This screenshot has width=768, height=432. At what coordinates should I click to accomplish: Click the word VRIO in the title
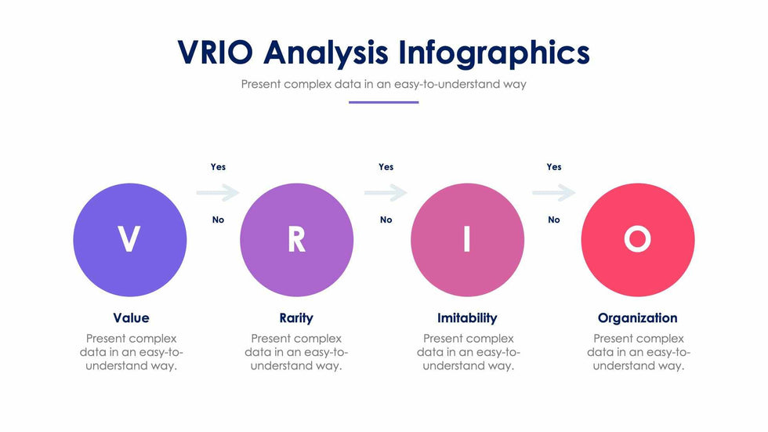[215, 52]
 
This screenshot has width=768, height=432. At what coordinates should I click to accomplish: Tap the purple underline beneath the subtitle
[383, 103]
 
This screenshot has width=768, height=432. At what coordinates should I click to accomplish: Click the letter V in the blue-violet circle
[129, 239]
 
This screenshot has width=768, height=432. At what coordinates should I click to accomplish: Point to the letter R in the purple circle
[296, 239]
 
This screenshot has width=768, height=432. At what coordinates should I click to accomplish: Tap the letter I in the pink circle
[467, 239]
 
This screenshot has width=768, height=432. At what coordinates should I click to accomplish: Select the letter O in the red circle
[637, 239]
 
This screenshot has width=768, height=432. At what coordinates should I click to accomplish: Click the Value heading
[131, 318]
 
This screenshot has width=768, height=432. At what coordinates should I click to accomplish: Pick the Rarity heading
[296, 318]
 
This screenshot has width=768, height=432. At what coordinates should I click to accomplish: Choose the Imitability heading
[467, 318]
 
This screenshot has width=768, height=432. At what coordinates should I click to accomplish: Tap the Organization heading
[637, 318]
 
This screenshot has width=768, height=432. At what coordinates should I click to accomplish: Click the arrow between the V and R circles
[218, 193]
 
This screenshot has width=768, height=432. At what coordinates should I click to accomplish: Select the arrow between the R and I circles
[386, 193]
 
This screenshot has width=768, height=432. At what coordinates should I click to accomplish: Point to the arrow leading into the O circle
[554, 193]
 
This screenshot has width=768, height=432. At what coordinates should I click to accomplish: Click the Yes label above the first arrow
[218, 167]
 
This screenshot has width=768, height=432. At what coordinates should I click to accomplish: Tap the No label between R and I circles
[386, 220]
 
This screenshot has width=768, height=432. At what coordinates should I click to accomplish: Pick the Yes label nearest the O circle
[554, 167]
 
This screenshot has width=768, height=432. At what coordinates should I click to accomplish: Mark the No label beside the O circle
[554, 220]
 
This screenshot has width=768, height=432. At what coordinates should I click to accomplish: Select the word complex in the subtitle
[307, 85]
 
